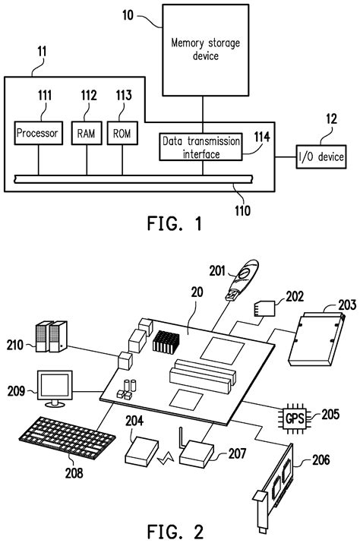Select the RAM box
point(86,134)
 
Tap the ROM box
point(121,134)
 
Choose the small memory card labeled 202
point(264,308)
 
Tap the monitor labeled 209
point(55,388)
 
